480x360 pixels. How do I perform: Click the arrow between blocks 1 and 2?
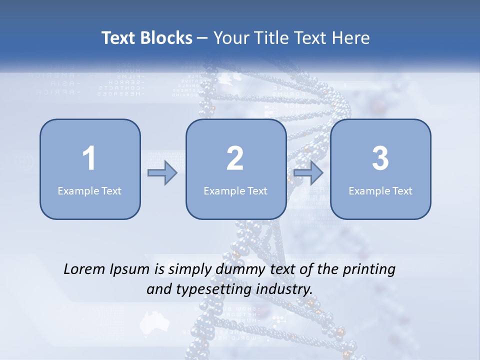click(x=162, y=173)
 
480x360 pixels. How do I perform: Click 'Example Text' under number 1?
click(x=89, y=190)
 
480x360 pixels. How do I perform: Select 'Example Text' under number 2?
click(x=235, y=190)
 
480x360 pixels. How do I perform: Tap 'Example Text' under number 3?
click(x=380, y=190)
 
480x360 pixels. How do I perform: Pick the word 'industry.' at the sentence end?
click(x=286, y=289)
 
